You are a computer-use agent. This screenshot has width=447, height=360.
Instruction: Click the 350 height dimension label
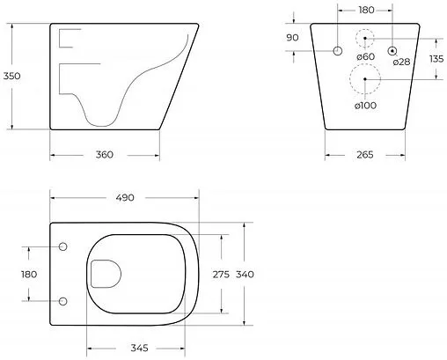[11, 76]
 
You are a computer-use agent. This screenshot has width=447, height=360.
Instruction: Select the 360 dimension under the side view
[104, 155]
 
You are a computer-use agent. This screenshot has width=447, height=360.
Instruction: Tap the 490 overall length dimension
[125, 198]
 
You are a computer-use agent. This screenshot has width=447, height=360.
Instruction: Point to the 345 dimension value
[139, 349]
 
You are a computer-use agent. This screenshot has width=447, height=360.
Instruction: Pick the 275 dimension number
[221, 275]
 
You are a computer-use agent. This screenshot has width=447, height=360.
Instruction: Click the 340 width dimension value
[245, 275]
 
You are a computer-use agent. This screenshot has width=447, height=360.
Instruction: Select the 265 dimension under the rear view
[365, 155]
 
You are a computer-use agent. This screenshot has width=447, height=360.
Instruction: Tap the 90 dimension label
[292, 38]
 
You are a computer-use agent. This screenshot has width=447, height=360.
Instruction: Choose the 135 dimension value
[436, 59]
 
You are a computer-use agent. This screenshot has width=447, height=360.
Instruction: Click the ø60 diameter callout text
[366, 56]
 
